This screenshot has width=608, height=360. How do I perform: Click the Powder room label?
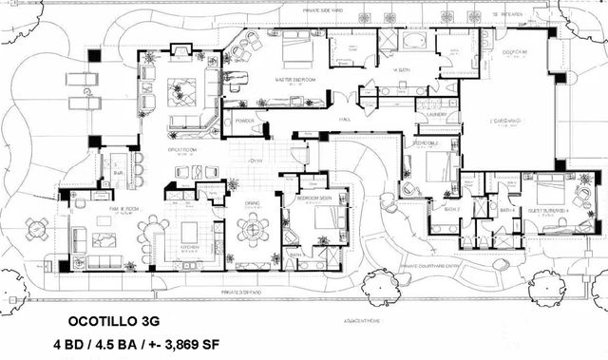(243, 121)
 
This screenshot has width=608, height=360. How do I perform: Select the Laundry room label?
(438, 115)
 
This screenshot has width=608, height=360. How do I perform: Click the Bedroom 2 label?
(425, 143)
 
